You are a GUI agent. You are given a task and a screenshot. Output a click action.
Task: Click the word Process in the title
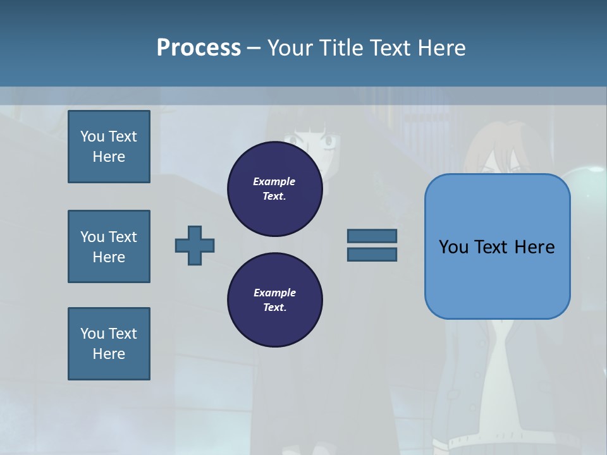point(199,48)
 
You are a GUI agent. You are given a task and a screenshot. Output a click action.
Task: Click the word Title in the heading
point(339,48)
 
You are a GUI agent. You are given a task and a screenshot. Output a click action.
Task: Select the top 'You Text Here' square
point(109,147)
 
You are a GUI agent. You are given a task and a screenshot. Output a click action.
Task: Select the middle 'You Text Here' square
point(109,246)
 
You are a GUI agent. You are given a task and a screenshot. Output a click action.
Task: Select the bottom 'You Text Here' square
point(109,344)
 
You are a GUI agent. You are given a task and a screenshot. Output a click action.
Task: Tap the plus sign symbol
point(195,245)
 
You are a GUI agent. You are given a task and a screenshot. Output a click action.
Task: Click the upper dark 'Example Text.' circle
point(274,189)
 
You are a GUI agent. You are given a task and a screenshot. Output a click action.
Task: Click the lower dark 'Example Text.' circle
point(274,300)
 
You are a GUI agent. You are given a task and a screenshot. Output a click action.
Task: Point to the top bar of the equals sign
point(372,236)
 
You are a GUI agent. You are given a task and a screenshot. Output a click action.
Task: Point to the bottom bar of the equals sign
point(372,255)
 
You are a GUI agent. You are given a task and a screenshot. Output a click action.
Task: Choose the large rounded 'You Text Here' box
point(497,246)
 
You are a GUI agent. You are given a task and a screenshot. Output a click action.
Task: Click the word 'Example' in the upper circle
point(274,181)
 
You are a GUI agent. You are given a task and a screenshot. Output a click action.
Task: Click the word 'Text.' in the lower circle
point(274,308)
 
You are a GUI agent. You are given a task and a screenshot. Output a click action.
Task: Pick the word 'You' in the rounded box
point(453,247)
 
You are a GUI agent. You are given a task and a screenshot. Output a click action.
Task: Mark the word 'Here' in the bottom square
point(109,354)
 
